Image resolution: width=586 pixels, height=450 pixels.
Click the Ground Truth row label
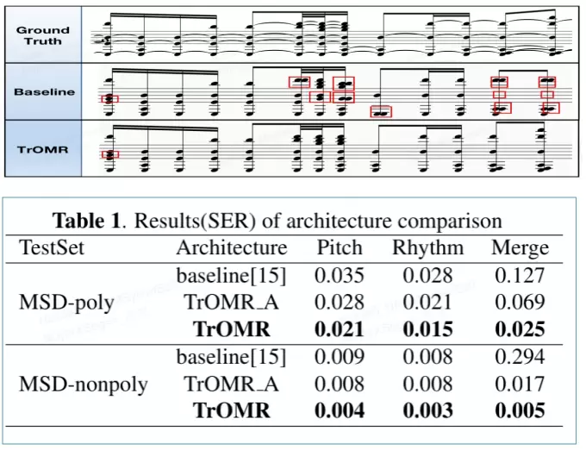coord(42,34)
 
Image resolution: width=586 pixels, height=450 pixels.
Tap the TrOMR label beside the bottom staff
coord(42,149)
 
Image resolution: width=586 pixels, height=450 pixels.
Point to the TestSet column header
coord(53,248)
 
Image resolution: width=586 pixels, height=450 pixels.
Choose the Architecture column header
coord(231,248)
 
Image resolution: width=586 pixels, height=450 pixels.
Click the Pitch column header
coord(340,248)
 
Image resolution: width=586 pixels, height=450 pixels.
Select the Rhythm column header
coord(427,248)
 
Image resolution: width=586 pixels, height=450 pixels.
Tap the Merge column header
coord(520,248)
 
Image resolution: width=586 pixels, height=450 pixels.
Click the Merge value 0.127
coord(520,276)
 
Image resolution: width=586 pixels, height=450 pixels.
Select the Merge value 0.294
coord(520,356)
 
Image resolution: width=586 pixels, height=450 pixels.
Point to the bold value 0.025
coord(520,329)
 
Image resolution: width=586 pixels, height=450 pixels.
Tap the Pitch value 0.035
coord(340,276)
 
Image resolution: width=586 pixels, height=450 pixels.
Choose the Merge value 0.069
coord(520,303)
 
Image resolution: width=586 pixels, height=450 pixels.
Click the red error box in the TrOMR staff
coord(109,154)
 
